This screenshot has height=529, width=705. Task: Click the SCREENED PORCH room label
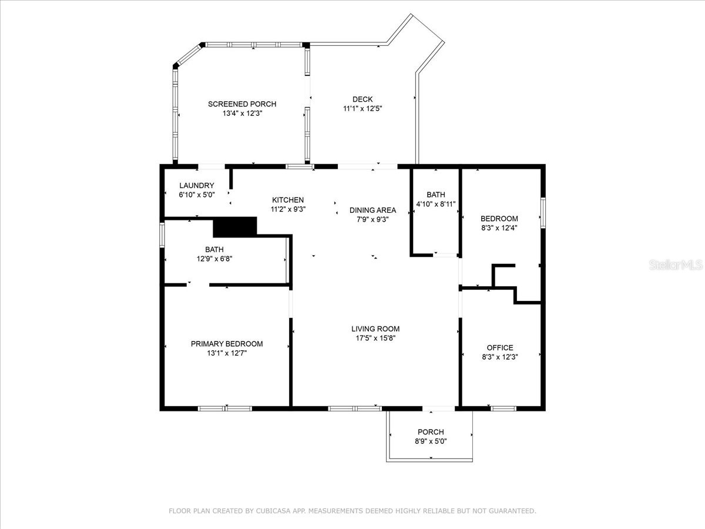tap(241, 104)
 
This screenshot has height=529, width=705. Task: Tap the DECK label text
tap(362, 99)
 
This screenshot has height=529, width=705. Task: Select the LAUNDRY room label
tap(196, 186)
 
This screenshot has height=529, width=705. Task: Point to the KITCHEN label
tap(287, 200)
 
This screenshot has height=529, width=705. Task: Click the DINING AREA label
tap(372, 210)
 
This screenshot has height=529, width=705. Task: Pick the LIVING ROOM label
tap(375, 329)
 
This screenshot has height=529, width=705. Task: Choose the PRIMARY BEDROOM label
tap(226, 344)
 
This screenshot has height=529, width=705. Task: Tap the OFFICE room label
tap(499, 347)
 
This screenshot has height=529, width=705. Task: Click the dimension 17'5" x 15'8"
tap(375, 338)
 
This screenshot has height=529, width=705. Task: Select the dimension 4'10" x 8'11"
tap(436, 204)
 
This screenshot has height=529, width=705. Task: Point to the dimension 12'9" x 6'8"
tap(214, 259)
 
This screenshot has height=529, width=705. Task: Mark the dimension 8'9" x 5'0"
tap(431, 441)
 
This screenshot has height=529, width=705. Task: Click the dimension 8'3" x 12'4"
tap(499, 227)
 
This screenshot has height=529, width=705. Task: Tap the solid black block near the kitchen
tap(235, 226)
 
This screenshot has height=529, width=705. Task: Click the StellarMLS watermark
tap(676, 266)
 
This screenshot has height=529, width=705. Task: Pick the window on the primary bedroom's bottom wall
tap(225, 408)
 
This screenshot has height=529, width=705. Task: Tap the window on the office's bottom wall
tap(503, 408)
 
